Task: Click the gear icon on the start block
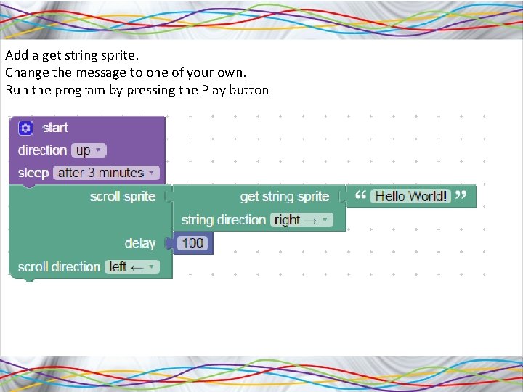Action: [x=26, y=128]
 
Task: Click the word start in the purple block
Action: [x=55, y=128]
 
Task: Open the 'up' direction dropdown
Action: [x=89, y=150]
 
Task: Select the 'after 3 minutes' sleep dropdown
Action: [x=106, y=173]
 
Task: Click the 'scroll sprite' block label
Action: [x=123, y=196]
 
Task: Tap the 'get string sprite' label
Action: [x=284, y=196]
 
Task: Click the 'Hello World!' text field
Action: [x=411, y=196]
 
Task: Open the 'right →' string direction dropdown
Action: [x=301, y=220]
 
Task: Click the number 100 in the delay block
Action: [x=192, y=243]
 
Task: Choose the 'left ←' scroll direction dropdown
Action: [x=131, y=267]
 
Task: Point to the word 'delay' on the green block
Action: [x=139, y=243]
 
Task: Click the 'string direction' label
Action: [x=223, y=220]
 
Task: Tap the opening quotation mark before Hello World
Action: [x=360, y=195]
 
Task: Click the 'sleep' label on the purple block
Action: [x=33, y=173]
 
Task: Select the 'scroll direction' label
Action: [x=59, y=267]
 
